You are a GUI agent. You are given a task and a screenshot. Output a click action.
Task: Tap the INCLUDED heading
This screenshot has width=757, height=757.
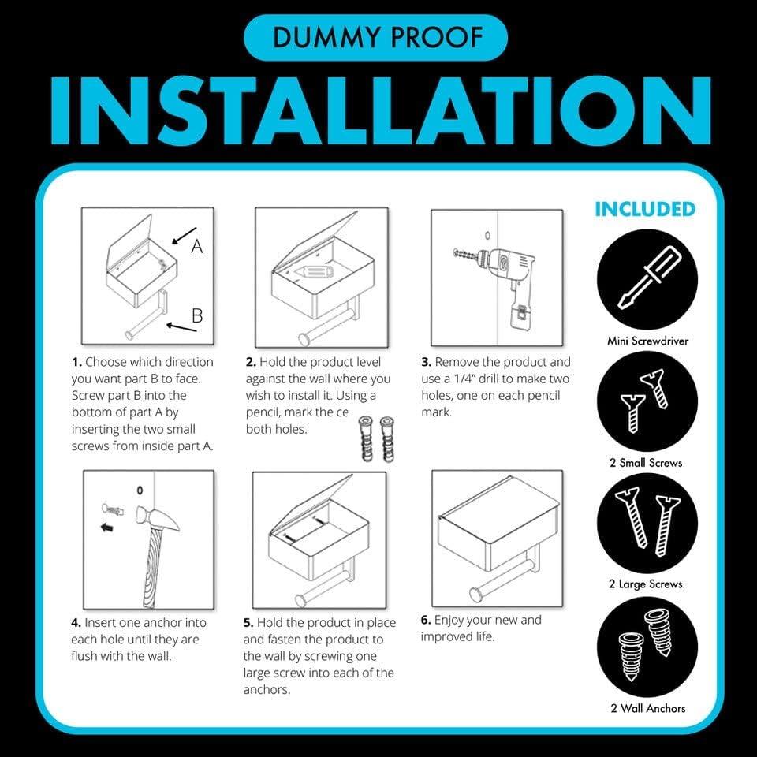644,209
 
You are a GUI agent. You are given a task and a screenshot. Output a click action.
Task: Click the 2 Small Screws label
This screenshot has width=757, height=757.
646,462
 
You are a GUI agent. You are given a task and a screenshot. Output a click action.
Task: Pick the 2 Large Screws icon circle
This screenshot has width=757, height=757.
646,521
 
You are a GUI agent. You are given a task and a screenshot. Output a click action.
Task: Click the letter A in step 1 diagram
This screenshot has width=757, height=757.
197,246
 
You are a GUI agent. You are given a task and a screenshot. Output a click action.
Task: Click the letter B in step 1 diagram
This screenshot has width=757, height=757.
197,316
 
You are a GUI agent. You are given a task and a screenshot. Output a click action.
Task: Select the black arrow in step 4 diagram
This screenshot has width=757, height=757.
106,528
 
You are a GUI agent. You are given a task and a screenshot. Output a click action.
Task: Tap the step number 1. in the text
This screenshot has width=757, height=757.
76,363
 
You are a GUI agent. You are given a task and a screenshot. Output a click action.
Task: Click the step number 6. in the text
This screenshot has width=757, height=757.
425,620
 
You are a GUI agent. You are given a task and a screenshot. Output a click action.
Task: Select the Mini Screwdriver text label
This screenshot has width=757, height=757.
646,341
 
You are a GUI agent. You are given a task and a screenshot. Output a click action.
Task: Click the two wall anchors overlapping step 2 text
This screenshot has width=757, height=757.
375,442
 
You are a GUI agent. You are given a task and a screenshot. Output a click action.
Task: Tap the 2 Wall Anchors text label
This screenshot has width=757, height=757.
646,708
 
